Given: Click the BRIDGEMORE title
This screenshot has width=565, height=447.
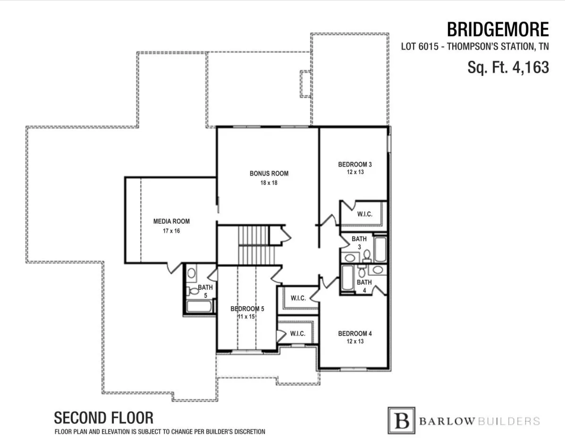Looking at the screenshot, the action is [x=498, y=30].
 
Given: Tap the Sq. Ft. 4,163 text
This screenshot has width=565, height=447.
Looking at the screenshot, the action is [x=508, y=67].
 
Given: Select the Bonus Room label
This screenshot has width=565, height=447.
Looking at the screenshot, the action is [x=269, y=173].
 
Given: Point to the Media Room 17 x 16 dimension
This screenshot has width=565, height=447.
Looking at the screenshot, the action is [x=171, y=230].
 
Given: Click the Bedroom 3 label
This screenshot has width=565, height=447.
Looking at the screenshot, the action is [x=355, y=164].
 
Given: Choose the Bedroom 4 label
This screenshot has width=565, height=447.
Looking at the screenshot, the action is [x=355, y=334].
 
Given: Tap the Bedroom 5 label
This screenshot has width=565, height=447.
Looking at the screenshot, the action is [x=247, y=309].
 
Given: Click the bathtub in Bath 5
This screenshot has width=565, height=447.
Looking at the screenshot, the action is [x=199, y=306].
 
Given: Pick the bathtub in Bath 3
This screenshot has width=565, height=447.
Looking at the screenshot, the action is [x=380, y=249].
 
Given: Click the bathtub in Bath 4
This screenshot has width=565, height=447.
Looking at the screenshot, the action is [x=347, y=278].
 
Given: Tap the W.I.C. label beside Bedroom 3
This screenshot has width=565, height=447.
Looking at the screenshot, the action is [x=365, y=214].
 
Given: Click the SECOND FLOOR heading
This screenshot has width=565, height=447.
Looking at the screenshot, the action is [x=104, y=418].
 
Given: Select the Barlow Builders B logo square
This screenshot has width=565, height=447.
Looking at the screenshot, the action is [x=401, y=421].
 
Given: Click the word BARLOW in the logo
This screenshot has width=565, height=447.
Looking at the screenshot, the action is [x=447, y=421].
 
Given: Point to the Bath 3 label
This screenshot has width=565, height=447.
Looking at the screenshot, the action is [x=359, y=243].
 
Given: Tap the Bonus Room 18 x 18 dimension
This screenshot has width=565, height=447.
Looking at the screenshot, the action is [x=269, y=183].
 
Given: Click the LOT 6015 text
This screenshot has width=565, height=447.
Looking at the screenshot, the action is [x=420, y=46].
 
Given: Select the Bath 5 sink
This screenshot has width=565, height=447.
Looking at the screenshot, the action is [x=191, y=273].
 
